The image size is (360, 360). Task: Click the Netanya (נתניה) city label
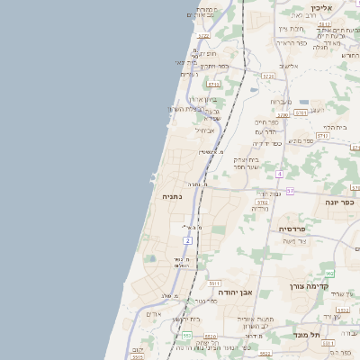pyautogui.click(x=172, y=195)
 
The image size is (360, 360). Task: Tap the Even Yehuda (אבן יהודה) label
pyautogui.click(x=238, y=292)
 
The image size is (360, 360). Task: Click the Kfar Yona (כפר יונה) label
pyautogui.click(x=340, y=202)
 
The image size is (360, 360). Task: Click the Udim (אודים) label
pyautogui.click(x=153, y=314)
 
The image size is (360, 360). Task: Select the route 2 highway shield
pyautogui.click(x=187, y=241)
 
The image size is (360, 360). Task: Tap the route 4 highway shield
pyautogui.click(x=280, y=173)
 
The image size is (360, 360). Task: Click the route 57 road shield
pyautogui.click(x=290, y=191)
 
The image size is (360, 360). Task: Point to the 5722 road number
pyautogui.click(x=202, y=37)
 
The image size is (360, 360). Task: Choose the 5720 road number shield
pyautogui.click(x=267, y=76)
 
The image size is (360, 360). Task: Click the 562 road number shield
pyautogui.click(x=329, y=273)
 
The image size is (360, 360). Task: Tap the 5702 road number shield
pyautogui.click(x=262, y=204)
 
